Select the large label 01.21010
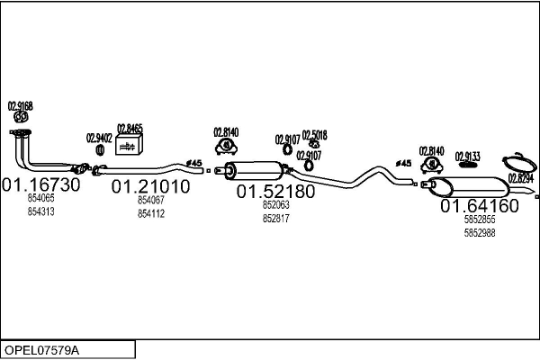[150, 187]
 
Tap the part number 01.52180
[275, 192]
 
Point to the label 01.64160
[479, 206]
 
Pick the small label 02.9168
[21, 105]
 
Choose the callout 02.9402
[99, 138]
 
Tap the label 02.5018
[314, 135]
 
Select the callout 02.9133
[467, 156]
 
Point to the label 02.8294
[521, 178]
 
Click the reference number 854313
[41, 211]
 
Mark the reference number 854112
[150, 213]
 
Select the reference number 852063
[275, 205]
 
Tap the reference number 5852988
[479, 233]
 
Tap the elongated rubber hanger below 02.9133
[467, 166]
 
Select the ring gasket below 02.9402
[99, 148]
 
